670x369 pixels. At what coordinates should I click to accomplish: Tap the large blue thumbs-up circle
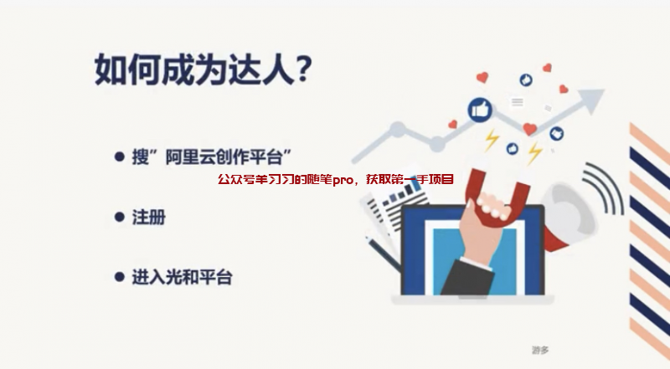click(480, 109)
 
